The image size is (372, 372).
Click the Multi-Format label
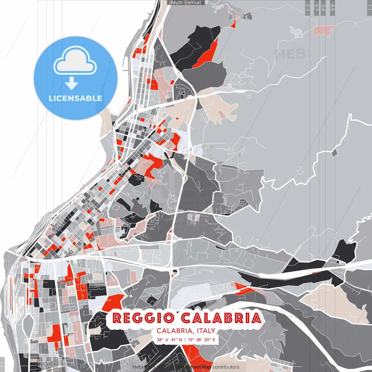(x=186, y=3)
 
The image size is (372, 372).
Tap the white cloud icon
(x=75, y=62)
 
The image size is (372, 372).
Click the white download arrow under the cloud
(x=71, y=84)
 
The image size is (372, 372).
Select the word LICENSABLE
(x=76, y=98)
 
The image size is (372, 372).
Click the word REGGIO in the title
(x=143, y=318)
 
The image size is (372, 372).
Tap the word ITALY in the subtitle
(x=206, y=331)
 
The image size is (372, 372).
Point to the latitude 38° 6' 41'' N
(x=169, y=339)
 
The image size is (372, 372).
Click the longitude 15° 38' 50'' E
(x=201, y=339)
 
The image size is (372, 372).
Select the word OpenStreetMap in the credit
(x=193, y=367)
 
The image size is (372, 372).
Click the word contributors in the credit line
(x=226, y=367)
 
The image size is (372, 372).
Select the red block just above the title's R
(x=113, y=302)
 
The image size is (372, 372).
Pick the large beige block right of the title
(x=334, y=302)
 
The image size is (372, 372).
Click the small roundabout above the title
(x=175, y=271)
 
